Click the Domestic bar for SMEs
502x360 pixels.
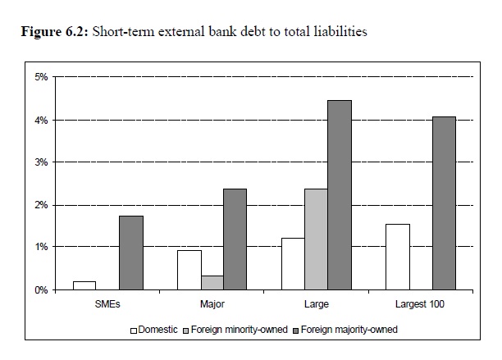pyautogui.click(x=84, y=285)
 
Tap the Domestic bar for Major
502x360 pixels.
pyautogui.click(x=189, y=270)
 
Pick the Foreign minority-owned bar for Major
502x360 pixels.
pyautogui.click(x=212, y=282)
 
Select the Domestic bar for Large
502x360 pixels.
pyautogui.click(x=293, y=263)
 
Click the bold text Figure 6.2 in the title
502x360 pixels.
pyautogui.click(x=57, y=34)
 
